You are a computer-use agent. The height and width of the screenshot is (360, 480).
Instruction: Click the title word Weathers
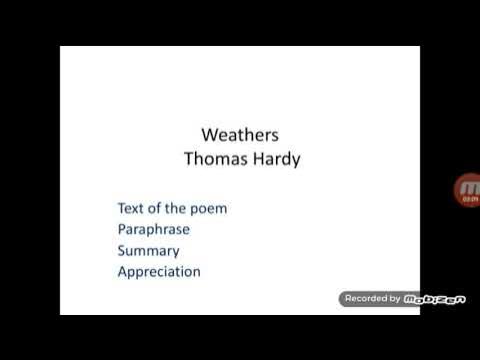point(240,134)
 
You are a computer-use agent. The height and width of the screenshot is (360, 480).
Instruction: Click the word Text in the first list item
point(131,208)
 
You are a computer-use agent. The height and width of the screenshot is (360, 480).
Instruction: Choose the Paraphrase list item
point(153,229)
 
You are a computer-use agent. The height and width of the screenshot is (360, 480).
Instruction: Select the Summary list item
point(148,250)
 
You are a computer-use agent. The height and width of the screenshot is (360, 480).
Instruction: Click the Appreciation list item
point(159,271)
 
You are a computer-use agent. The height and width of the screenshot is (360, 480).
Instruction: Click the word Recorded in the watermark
point(365,298)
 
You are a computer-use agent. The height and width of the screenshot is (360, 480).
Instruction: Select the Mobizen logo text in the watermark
point(432,298)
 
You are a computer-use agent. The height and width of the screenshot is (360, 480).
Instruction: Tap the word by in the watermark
point(396,298)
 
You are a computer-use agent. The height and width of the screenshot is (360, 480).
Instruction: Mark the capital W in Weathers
point(210,134)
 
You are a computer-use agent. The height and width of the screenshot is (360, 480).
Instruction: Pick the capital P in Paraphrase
point(122,229)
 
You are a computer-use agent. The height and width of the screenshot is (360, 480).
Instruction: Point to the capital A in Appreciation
point(123,271)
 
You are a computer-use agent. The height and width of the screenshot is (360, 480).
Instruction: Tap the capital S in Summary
point(122,250)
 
